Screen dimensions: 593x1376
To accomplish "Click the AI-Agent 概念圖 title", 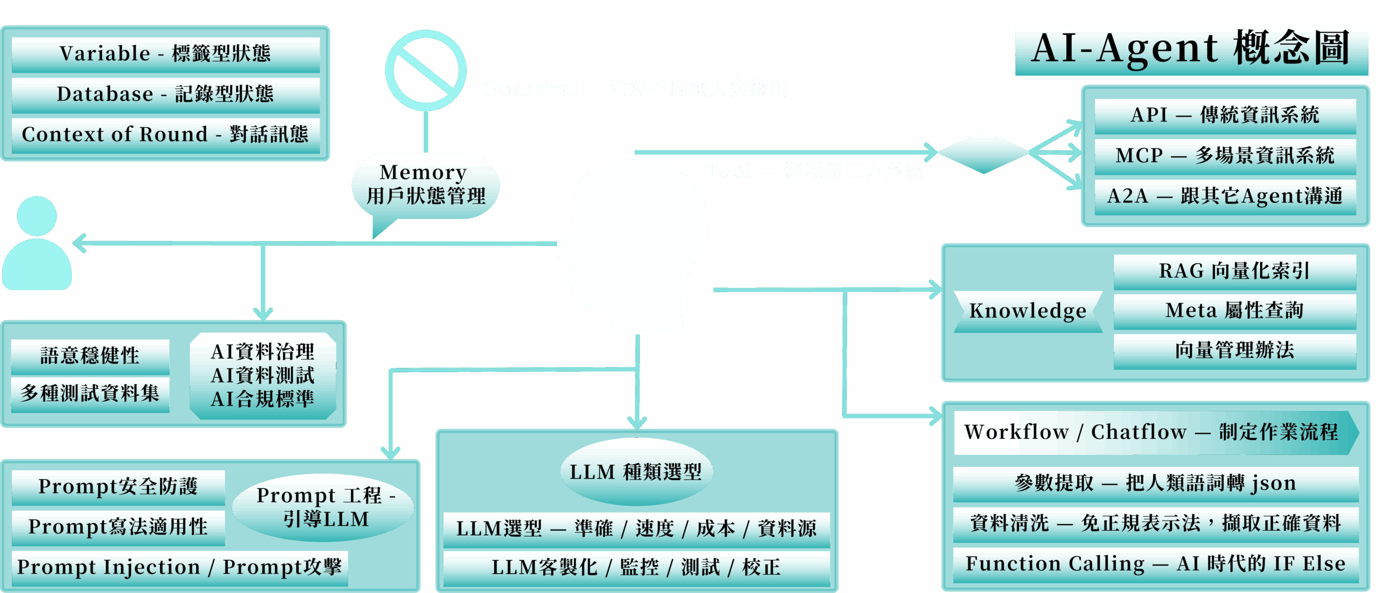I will pyautogui.click(x=1191, y=49).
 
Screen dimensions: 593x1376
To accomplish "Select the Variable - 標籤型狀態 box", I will pyautogui.click(x=165, y=54).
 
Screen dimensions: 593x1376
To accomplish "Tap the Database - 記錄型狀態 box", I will pyautogui.click(x=165, y=94).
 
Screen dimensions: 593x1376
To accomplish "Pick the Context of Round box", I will pyautogui.click(x=165, y=134).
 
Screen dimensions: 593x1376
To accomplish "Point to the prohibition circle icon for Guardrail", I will pyautogui.click(x=426, y=70).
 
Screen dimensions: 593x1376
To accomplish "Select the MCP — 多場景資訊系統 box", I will pyautogui.click(x=1225, y=156).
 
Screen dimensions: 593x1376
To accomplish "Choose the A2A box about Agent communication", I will pyautogui.click(x=1225, y=196).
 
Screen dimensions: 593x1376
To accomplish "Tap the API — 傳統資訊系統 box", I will pyautogui.click(x=1225, y=115).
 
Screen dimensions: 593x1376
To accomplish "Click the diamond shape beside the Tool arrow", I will pyautogui.click(x=984, y=152).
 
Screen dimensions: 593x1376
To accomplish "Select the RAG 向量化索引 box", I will pyautogui.click(x=1234, y=271).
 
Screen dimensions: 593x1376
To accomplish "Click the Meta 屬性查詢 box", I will pyautogui.click(x=1234, y=310).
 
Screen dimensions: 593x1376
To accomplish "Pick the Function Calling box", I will pyautogui.click(x=1156, y=564).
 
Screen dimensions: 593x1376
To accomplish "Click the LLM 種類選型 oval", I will pyautogui.click(x=636, y=472).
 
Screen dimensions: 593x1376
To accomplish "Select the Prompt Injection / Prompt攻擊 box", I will pyautogui.click(x=180, y=567).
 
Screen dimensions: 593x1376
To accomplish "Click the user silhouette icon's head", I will pyautogui.click(x=37, y=215).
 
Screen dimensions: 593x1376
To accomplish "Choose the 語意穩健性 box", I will pyautogui.click(x=90, y=356).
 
